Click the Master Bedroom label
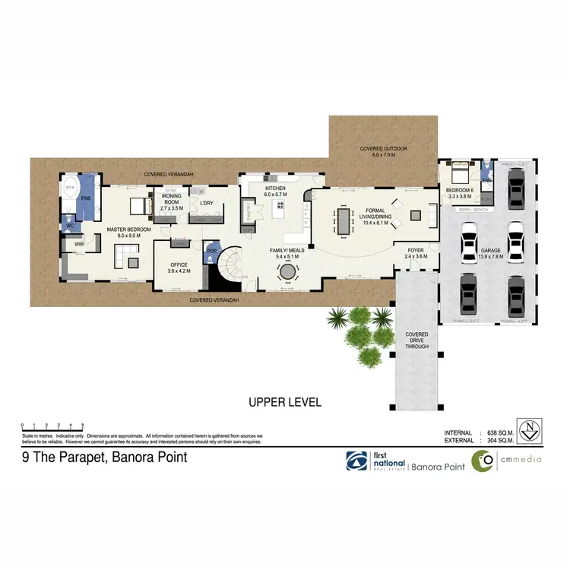tap(128, 229)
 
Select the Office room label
tap(179, 265)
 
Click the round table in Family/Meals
tap(288, 271)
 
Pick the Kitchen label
tap(274, 188)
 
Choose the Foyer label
tap(415, 250)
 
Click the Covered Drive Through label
tap(416, 340)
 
